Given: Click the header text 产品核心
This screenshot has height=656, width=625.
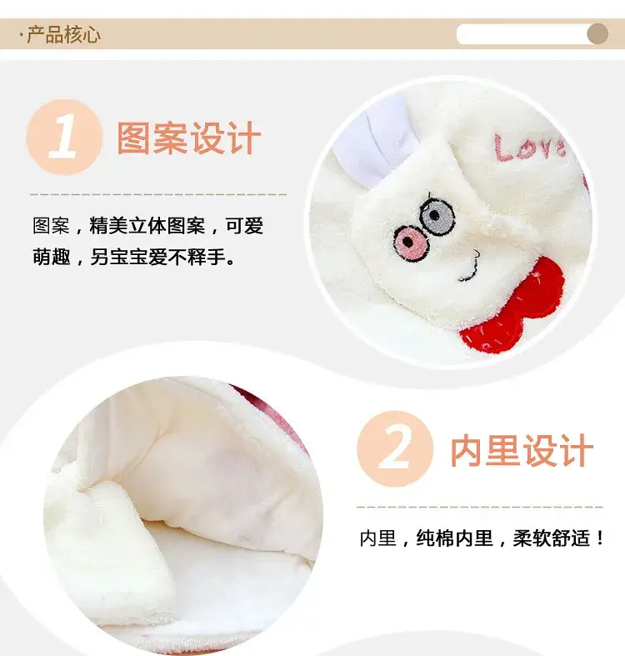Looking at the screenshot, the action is point(63,34).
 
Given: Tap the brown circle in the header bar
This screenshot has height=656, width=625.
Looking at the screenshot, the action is point(597,34).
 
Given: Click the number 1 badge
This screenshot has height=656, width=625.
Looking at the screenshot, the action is point(64,138).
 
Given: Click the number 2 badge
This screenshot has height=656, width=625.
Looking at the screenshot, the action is point(395,449).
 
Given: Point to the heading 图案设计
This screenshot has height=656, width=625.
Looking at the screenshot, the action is point(188,138).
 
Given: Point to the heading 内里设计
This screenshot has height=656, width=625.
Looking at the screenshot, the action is point(522,450).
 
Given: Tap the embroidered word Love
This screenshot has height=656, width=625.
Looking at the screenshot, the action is point(530,148).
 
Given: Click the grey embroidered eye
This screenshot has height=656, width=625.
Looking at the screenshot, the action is point(437,216).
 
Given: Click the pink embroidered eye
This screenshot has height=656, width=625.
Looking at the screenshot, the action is point(411,243).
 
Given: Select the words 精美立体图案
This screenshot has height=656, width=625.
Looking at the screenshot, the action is point(147,226).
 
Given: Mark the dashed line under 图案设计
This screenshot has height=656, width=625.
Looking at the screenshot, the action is point(158,194).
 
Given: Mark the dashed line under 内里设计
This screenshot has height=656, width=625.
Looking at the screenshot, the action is point(480,507).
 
